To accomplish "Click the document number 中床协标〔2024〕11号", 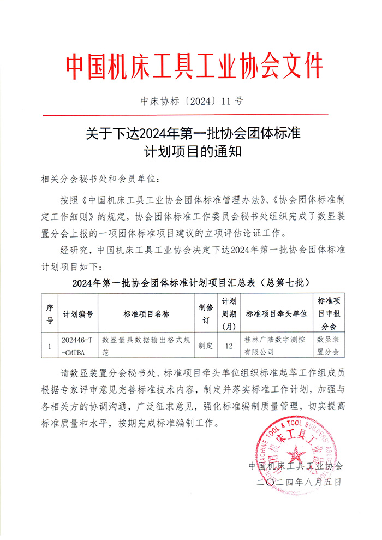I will (192, 101).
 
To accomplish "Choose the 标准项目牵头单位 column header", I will (277, 314).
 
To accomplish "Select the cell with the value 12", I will (229, 346).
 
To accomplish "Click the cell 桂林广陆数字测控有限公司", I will (277, 346).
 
